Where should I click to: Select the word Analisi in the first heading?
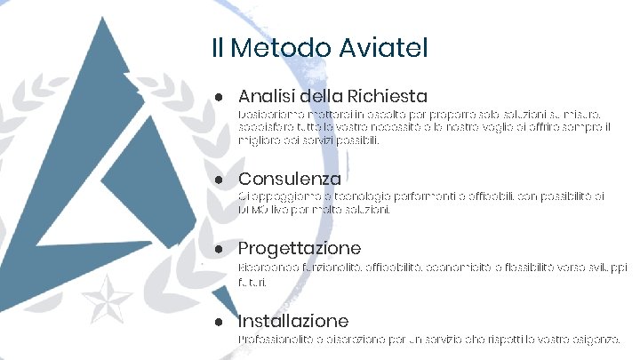[268, 95]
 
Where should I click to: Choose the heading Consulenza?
[290, 179]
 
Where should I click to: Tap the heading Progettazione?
[300, 248]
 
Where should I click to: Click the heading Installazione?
[293, 320]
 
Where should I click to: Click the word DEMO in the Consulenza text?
[252, 211]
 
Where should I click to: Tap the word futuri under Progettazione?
[252, 281]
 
